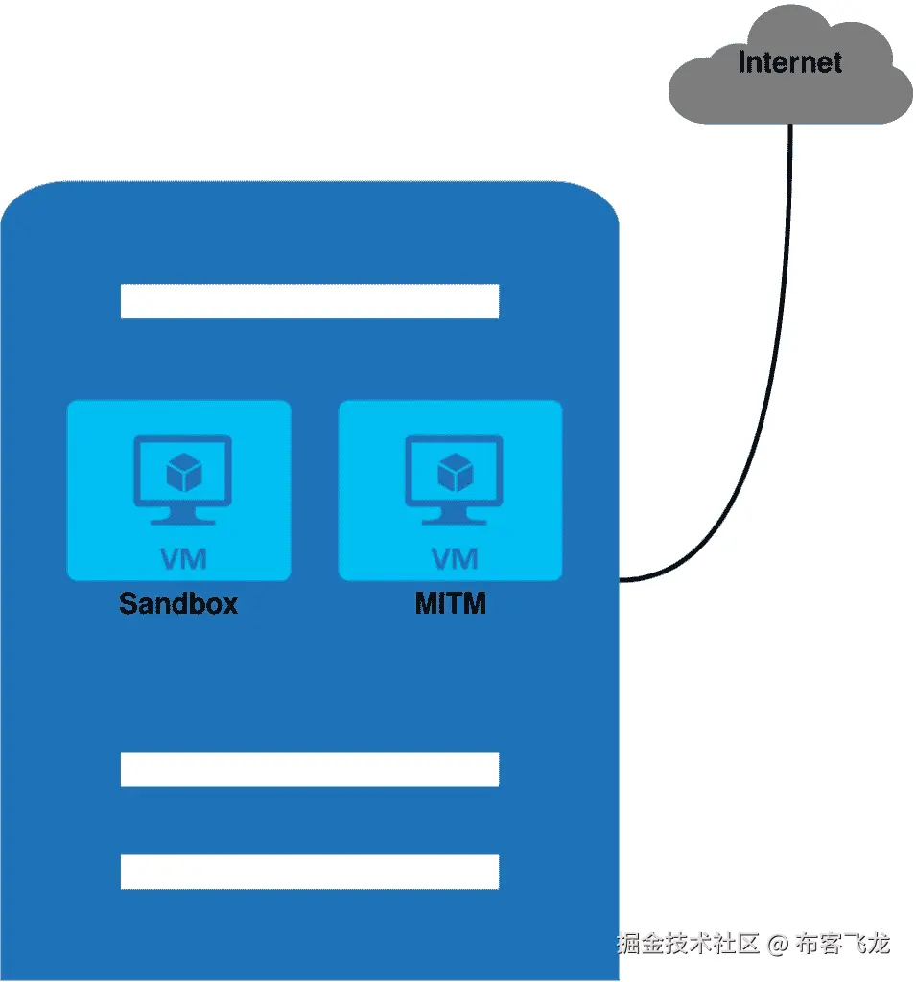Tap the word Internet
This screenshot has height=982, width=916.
click(x=789, y=63)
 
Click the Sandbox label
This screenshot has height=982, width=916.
click(x=178, y=603)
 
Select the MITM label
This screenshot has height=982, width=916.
click(x=450, y=603)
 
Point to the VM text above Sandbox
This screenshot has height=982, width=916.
click(x=181, y=558)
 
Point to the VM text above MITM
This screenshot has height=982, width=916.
click(x=454, y=558)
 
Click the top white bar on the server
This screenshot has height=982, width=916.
click(x=309, y=301)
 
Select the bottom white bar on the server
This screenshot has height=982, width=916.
click(x=309, y=872)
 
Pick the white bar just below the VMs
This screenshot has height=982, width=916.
click(x=309, y=769)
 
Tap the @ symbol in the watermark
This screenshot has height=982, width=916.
click(x=778, y=944)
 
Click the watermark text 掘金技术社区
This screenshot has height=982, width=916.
click(x=688, y=944)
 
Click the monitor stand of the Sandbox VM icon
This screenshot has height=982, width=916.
click(x=181, y=515)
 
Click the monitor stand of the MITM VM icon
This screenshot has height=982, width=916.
click(x=454, y=515)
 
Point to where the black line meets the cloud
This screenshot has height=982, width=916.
click(x=790, y=125)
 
